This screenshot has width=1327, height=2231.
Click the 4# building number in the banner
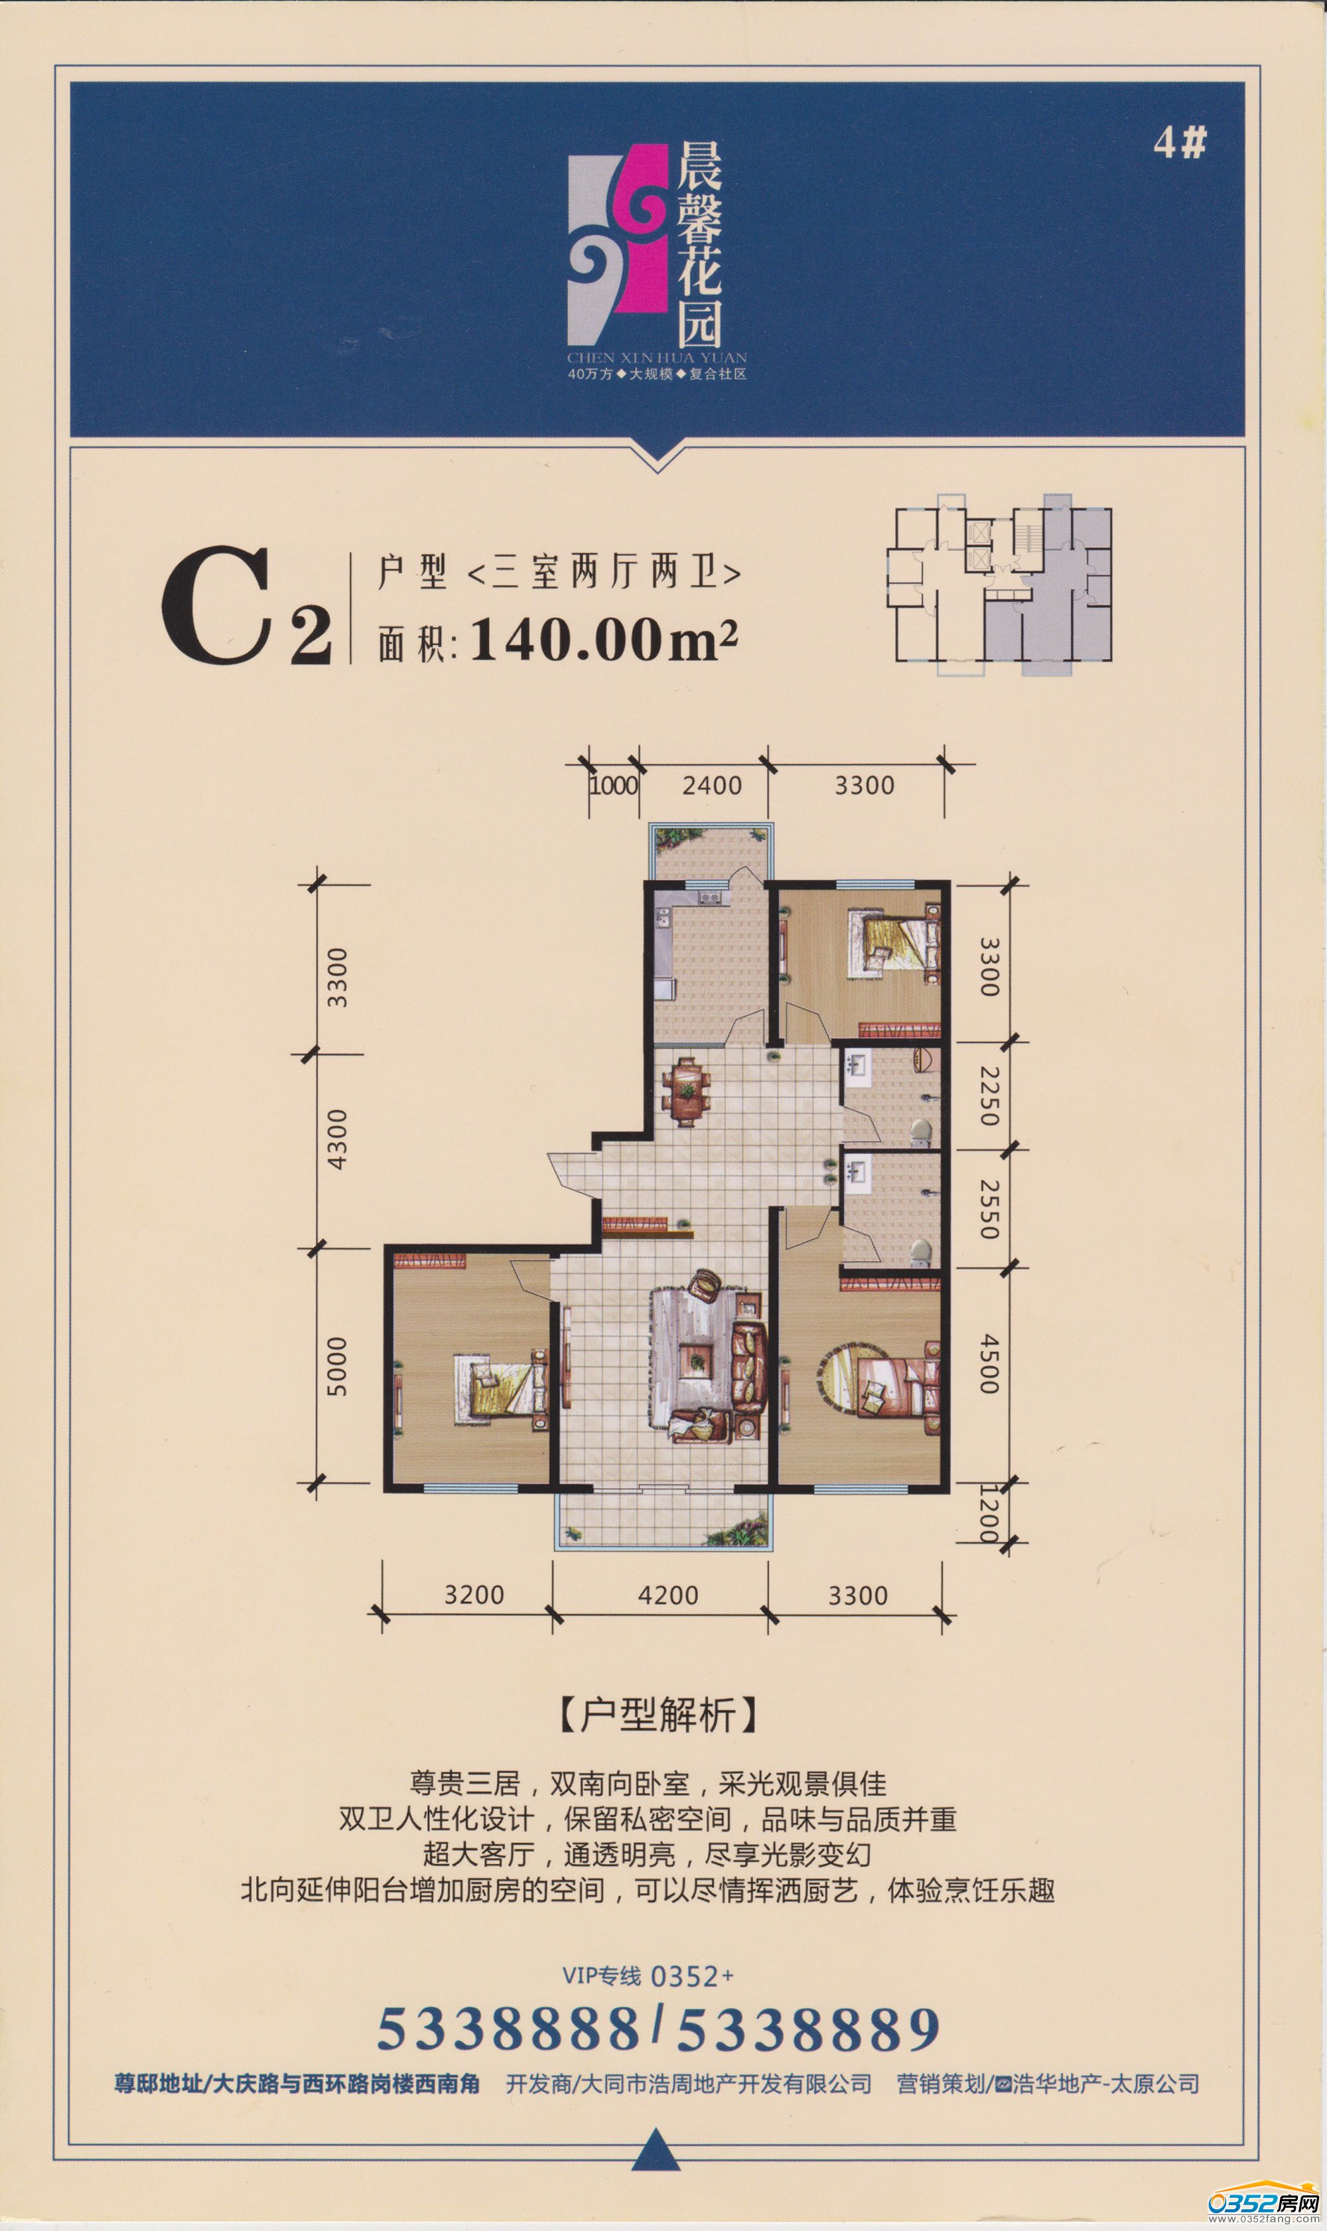click(x=1180, y=142)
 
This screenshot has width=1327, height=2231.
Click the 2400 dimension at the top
click(x=712, y=785)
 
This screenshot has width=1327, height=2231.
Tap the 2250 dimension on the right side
click(x=988, y=1096)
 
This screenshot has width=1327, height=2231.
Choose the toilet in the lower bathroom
click(x=921, y=1252)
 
